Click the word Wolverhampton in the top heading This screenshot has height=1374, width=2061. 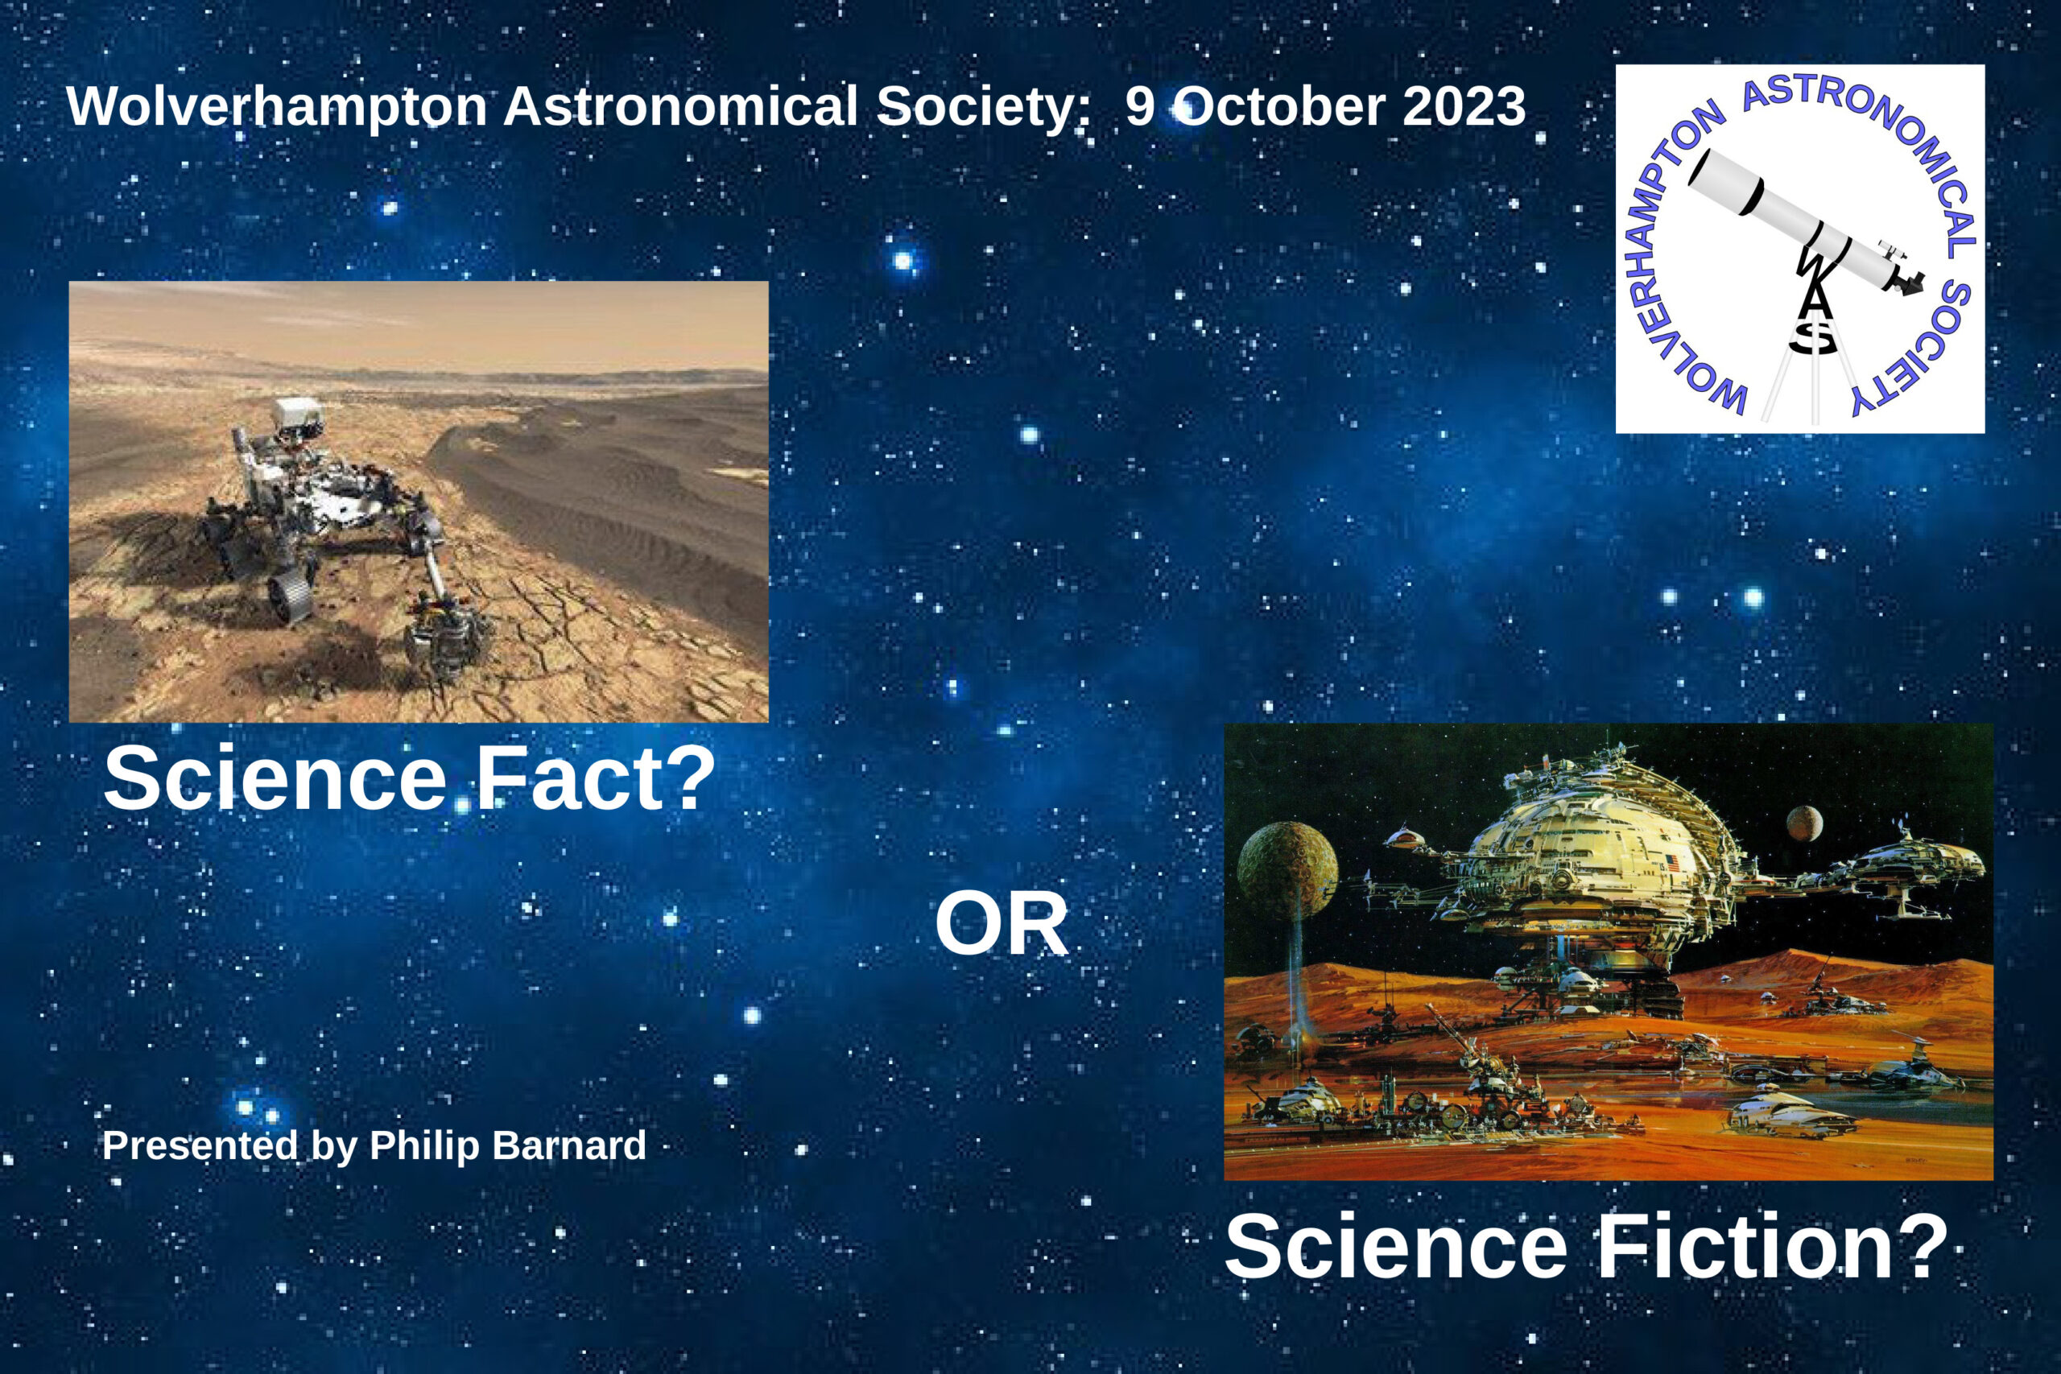click(x=276, y=107)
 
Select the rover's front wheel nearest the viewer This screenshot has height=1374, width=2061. click(x=291, y=587)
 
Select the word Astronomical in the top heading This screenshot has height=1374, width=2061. click(x=680, y=107)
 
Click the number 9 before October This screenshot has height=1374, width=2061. click(x=1139, y=107)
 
